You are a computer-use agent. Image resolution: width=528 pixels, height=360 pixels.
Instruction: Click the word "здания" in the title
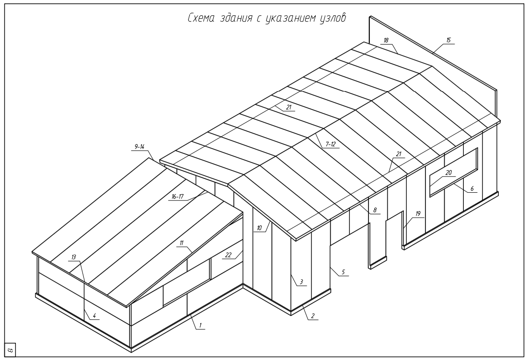pyautogui.click(x=236, y=18)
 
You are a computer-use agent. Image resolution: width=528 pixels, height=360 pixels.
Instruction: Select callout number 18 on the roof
pyautogui.click(x=386, y=40)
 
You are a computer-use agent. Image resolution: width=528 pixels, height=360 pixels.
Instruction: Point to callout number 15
pyautogui.click(x=448, y=40)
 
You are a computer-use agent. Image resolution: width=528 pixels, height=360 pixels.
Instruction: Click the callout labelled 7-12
pyautogui.click(x=330, y=144)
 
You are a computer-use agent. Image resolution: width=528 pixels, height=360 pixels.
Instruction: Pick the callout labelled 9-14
pyautogui.click(x=139, y=147)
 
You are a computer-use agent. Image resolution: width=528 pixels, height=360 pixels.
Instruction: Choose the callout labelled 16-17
pyautogui.click(x=177, y=197)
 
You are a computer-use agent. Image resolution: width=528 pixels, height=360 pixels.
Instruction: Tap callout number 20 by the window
pyautogui.click(x=448, y=173)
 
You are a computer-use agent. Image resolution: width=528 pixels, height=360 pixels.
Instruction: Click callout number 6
pyautogui.click(x=472, y=189)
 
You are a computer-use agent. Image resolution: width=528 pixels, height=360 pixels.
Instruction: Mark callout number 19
pyautogui.click(x=418, y=213)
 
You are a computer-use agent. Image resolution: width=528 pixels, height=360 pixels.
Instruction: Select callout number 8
pyautogui.click(x=375, y=210)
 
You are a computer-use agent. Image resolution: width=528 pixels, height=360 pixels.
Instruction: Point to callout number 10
pyautogui.click(x=259, y=228)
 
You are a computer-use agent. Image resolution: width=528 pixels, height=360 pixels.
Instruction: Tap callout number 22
pyautogui.click(x=229, y=255)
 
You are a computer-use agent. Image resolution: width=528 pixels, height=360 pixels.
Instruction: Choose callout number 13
pyautogui.click(x=73, y=257)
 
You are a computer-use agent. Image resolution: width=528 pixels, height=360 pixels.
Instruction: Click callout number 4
pyautogui.click(x=94, y=315)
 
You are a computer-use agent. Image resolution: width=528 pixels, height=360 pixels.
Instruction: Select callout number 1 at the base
pyautogui.click(x=200, y=325)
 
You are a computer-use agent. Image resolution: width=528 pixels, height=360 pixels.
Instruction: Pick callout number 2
pyautogui.click(x=312, y=316)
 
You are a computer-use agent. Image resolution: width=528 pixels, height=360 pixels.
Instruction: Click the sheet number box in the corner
pyautogui.click(x=10, y=350)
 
